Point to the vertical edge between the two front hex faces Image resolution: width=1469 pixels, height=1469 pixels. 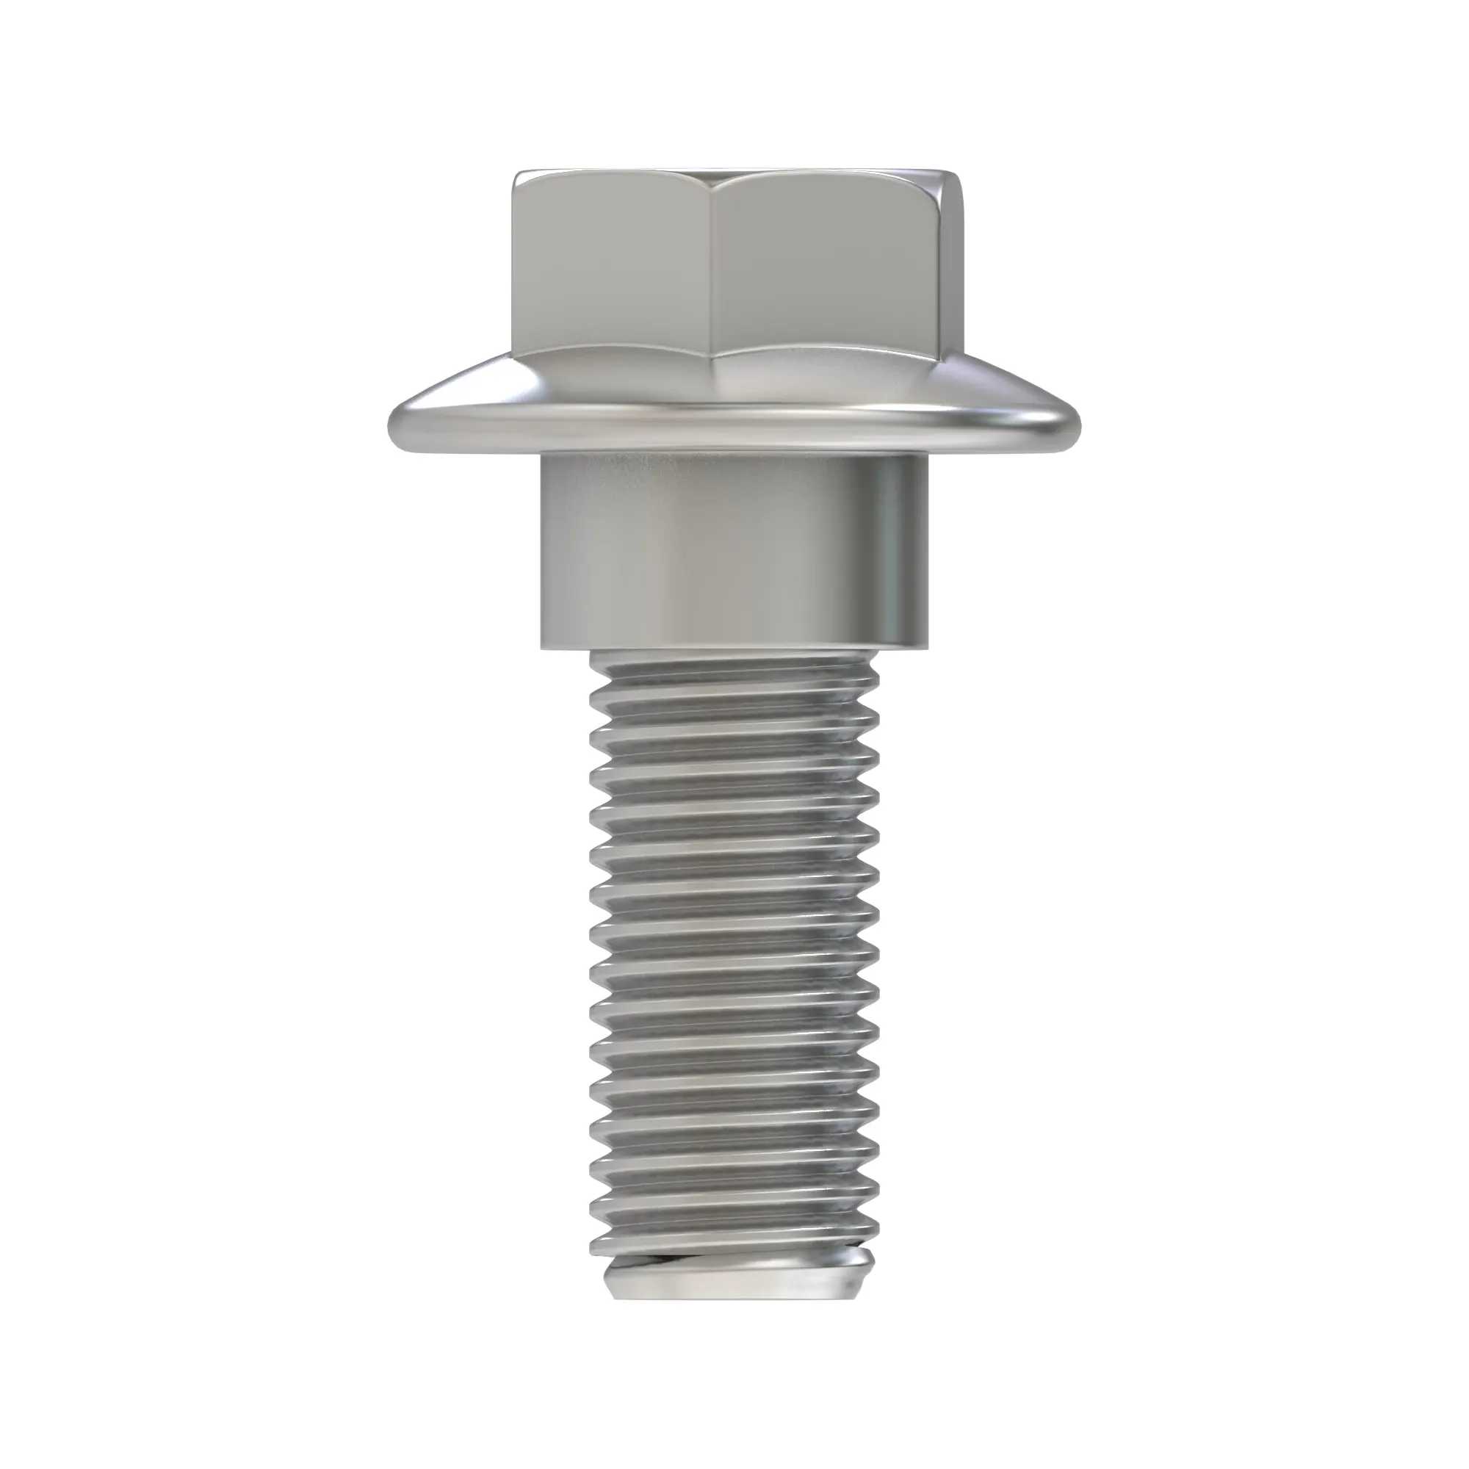(x=712, y=274)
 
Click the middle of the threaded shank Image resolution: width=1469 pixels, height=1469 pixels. (x=734, y=966)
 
